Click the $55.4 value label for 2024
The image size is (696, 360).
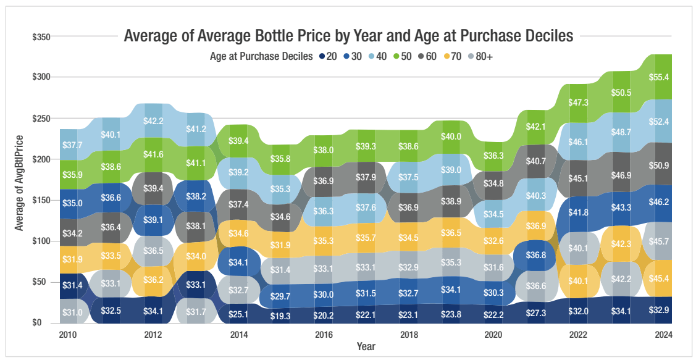pos(658,77)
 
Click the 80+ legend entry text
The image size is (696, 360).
pos(484,56)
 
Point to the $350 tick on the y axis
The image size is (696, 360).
pos(41,37)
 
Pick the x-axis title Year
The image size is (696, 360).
pos(366,345)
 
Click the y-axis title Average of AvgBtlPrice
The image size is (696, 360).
pos(19,182)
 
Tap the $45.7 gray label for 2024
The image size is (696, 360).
pos(658,242)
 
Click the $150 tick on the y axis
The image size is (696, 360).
pos(41,200)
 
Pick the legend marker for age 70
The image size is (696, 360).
pos(447,56)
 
